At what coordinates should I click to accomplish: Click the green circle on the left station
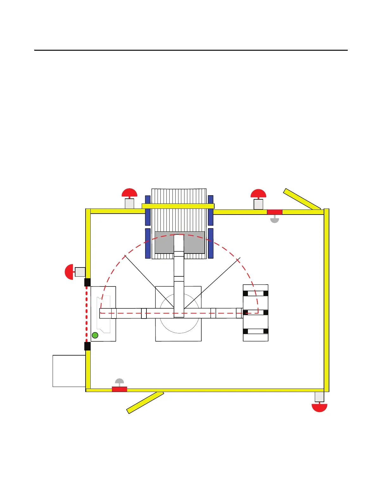tap(95, 335)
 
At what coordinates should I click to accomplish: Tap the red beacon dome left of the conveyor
tap(130, 193)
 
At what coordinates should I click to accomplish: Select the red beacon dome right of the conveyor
tap(258, 193)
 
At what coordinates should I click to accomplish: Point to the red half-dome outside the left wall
tap(69, 272)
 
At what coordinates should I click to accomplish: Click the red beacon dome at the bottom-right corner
tap(319, 408)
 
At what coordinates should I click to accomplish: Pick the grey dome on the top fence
tap(275, 220)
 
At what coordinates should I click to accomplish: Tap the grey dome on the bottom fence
tap(119, 381)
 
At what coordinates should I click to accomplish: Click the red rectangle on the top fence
tap(275, 212)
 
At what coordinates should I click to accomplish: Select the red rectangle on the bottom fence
tap(120, 389)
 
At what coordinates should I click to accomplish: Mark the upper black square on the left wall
tap(87, 282)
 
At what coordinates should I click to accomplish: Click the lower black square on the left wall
tap(87, 346)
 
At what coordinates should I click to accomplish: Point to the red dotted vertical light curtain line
tap(87, 314)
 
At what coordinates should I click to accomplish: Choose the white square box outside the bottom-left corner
tap(69, 371)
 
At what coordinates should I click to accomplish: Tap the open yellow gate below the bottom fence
tap(145, 402)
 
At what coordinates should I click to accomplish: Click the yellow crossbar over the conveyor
tap(178, 206)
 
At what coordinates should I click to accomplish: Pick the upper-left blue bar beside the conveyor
tap(148, 210)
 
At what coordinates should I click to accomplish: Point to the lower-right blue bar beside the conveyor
tap(210, 243)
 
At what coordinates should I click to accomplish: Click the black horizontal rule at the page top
tap(191, 50)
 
